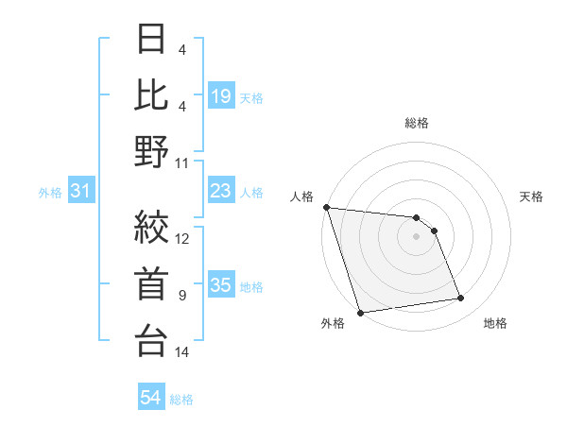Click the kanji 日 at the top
tap(151, 43)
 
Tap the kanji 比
tap(151, 94)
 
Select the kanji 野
tap(151, 151)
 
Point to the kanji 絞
tap(151, 227)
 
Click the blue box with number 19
tap(221, 95)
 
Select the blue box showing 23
tap(221, 192)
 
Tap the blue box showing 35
tap(221, 286)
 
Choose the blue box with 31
tap(80, 192)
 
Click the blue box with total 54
tap(151, 399)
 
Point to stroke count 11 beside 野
tap(182, 162)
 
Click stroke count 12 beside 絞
tap(182, 238)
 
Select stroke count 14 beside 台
tap(182, 352)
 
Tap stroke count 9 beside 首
tap(182, 296)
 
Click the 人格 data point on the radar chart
tap(326, 207)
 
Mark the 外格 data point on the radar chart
tap(360, 313)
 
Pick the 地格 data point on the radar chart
tap(461, 299)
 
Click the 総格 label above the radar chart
tap(416, 123)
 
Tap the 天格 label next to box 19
tap(251, 97)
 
